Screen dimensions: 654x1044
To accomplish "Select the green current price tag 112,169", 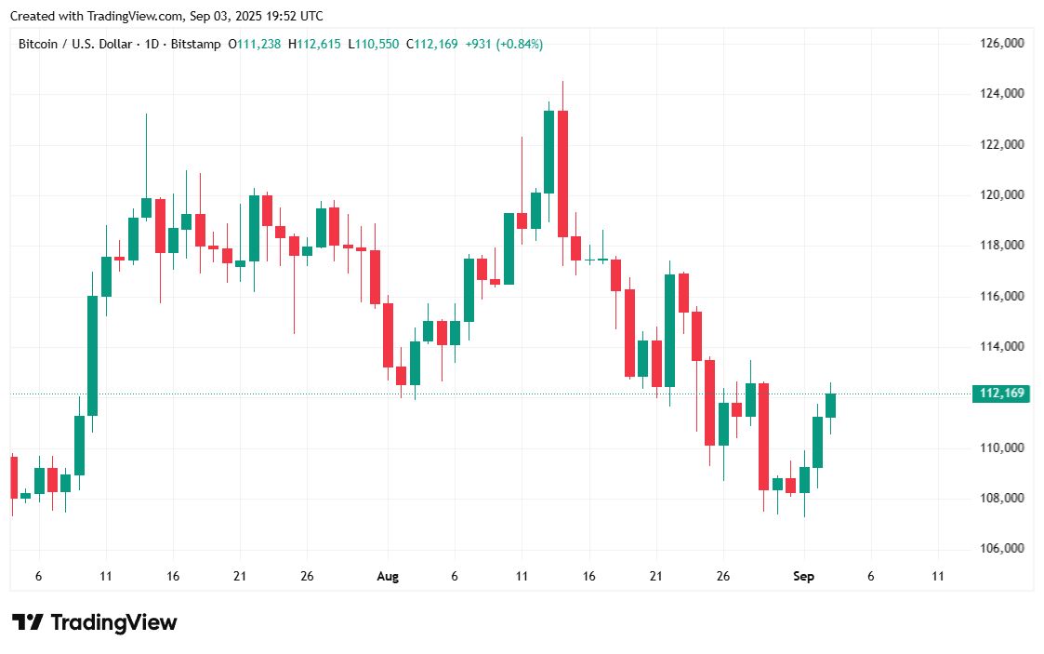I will click(1001, 394).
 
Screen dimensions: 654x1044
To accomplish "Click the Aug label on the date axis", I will click(388, 577).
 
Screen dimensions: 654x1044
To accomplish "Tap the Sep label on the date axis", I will click(803, 577).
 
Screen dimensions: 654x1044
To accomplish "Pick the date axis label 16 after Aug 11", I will click(588, 577).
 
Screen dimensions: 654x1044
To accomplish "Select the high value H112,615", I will click(314, 44).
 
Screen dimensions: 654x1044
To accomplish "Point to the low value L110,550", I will click(373, 44).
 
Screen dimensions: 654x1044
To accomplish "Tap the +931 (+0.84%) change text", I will click(504, 44).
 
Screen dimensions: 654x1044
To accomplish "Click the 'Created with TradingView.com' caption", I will click(167, 16).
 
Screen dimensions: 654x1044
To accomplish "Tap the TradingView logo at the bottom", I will click(94, 622).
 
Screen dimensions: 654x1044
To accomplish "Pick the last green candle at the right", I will click(830, 405).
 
